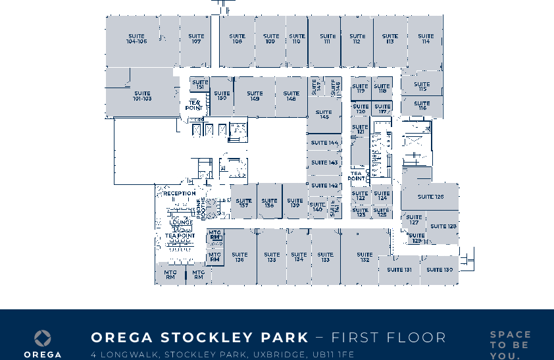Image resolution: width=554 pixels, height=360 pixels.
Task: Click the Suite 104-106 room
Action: pos(136,39)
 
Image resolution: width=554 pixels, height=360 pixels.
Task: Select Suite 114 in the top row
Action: pos(426,39)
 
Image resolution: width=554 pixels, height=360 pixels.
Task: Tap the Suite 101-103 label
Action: pos(142,96)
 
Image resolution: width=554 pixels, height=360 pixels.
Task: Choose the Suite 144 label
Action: pos(324,143)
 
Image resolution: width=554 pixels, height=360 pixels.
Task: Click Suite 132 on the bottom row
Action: pos(365,257)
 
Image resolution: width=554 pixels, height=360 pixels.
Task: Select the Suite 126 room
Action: pos(430,197)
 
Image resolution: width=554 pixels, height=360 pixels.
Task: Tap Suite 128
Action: pos(443,226)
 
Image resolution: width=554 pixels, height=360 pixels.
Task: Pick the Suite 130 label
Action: pos(439,270)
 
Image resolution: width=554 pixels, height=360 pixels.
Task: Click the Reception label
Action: pos(179,194)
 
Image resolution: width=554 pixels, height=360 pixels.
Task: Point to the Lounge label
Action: pos(181,222)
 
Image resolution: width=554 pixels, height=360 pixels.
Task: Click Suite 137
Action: pos(243,203)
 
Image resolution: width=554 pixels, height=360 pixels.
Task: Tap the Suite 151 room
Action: pos(200,85)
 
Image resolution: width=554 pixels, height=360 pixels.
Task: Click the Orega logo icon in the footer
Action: pos(43,338)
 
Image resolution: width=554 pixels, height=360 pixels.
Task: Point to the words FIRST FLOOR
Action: pos(388,338)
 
